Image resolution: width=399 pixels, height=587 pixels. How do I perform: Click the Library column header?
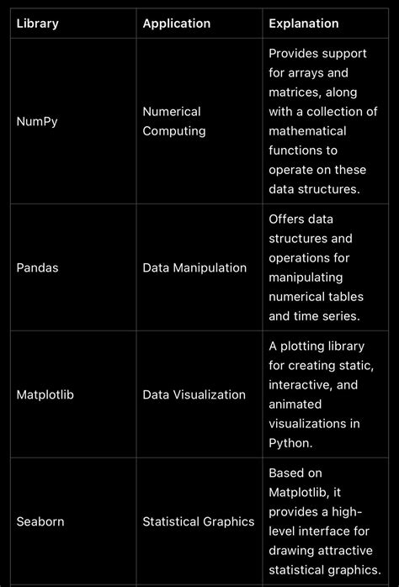click(x=38, y=24)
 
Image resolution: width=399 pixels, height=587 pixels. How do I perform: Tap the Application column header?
click(x=176, y=24)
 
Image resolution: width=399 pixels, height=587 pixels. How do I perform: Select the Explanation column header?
click(x=304, y=24)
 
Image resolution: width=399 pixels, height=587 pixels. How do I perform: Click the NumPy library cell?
click(x=37, y=121)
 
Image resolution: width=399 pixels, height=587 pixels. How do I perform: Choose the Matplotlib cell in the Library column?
click(x=45, y=394)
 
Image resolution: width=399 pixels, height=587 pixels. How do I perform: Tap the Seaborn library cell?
click(x=40, y=521)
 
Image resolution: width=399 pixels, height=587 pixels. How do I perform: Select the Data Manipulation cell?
click(x=194, y=267)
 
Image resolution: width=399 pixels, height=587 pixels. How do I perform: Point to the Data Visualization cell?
click(x=194, y=394)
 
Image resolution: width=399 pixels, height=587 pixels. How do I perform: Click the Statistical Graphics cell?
click(x=199, y=521)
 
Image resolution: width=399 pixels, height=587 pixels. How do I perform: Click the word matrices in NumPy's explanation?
click(x=295, y=92)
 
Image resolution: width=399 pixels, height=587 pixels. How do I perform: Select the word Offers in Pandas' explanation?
click(x=286, y=219)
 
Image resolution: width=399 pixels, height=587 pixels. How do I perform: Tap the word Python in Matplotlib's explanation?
click(x=290, y=443)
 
